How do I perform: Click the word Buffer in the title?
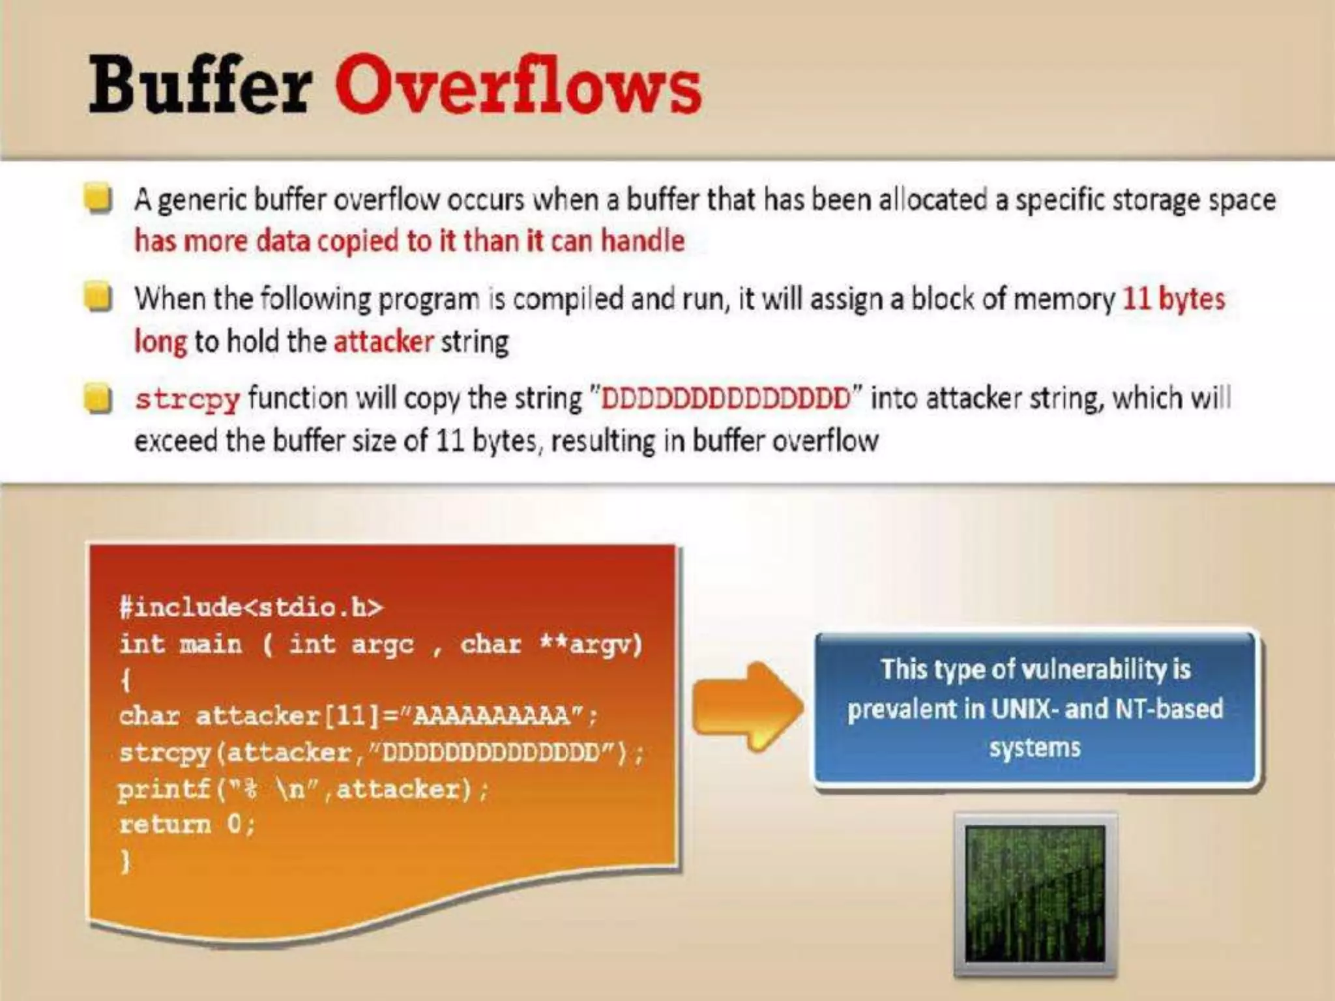point(199,85)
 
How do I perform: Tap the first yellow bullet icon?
point(98,199)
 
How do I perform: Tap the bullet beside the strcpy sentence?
point(98,398)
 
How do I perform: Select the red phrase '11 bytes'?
point(1173,298)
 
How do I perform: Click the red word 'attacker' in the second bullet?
point(383,341)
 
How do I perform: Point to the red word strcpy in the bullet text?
point(187,399)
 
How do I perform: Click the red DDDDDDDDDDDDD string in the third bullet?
point(726,398)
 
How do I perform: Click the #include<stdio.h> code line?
point(251,607)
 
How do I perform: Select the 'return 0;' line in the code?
point(187,825)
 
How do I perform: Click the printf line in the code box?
point(302,789)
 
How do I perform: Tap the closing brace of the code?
point(126,862)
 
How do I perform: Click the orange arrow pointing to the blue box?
point(746,706)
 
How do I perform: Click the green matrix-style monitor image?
point(1034,893)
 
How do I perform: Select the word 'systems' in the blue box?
point(1034,747)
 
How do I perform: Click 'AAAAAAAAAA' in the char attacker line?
point(492,716)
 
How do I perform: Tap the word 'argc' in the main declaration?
point(382,645)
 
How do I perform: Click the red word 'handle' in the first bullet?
point(642,241)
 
